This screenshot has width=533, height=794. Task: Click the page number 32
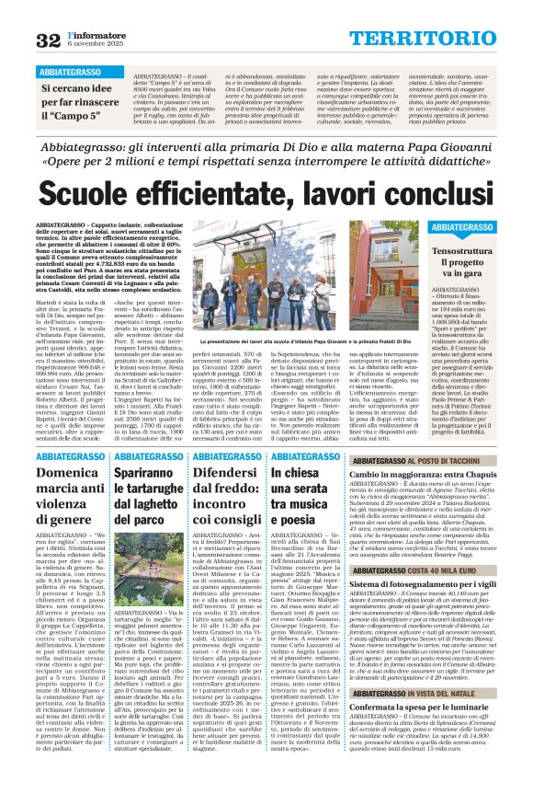point(48,40)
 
